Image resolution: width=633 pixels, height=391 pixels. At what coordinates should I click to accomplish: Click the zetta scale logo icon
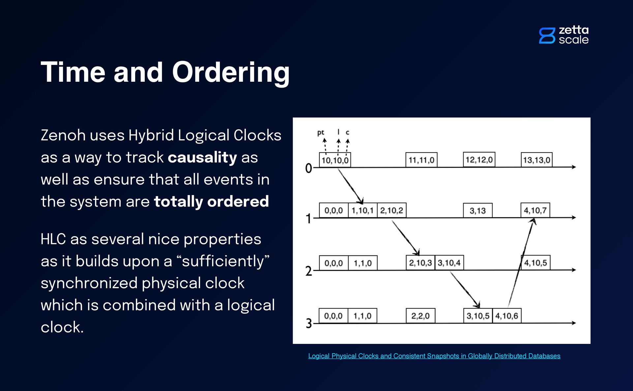click(x=547, y=36)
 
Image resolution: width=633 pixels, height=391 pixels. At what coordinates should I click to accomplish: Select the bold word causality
click(x=202, y=157)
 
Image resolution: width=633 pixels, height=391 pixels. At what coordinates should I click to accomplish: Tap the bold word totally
click(x=178, y=202)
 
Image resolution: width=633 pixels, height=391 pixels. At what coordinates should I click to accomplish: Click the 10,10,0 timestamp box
click(x=335, y=160)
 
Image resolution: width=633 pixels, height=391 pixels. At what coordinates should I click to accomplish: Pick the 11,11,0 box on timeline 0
click(x=421, y=160)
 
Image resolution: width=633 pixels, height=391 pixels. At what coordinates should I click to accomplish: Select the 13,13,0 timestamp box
click(x=536, y=160)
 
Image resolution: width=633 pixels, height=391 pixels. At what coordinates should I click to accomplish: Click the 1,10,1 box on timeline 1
click(x=362, y=210)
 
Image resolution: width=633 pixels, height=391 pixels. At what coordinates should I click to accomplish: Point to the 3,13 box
click(x=477, y=211)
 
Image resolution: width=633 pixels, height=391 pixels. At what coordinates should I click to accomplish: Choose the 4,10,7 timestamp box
click(x=535, y=210)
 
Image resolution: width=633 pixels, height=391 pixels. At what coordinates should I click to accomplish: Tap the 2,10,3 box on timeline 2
click(x=420, y=263)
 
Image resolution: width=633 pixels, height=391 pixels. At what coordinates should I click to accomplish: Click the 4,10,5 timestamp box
click(x=535, y=263)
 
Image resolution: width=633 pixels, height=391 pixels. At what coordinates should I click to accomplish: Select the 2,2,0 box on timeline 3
click(x=420, y=316)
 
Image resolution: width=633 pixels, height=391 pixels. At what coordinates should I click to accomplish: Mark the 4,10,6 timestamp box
click(x=506, y=316)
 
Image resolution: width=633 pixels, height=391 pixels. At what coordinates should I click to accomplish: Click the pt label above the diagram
click(x=320, y=133)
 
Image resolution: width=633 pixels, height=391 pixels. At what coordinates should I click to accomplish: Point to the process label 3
click(x=309, y=323)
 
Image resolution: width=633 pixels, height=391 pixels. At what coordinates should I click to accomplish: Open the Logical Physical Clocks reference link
click(x=434, y=356)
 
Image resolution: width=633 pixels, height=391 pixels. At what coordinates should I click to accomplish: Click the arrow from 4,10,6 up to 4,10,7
click(x=521, y=264)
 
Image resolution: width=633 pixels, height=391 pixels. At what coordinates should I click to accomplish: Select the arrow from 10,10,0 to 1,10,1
click(x=350, y=185)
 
